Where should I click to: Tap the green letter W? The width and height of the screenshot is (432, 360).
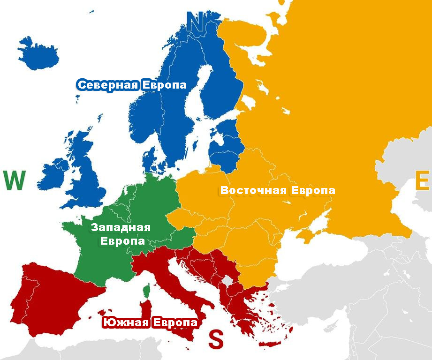14,181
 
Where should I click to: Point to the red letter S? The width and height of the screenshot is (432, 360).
215,339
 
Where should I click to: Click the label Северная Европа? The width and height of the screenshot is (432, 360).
132,85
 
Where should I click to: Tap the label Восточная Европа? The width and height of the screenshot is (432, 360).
278,191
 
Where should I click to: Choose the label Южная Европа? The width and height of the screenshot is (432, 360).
150,323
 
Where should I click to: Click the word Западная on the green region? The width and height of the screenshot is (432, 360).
121,228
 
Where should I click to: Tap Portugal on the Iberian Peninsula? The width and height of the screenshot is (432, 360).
20,300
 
